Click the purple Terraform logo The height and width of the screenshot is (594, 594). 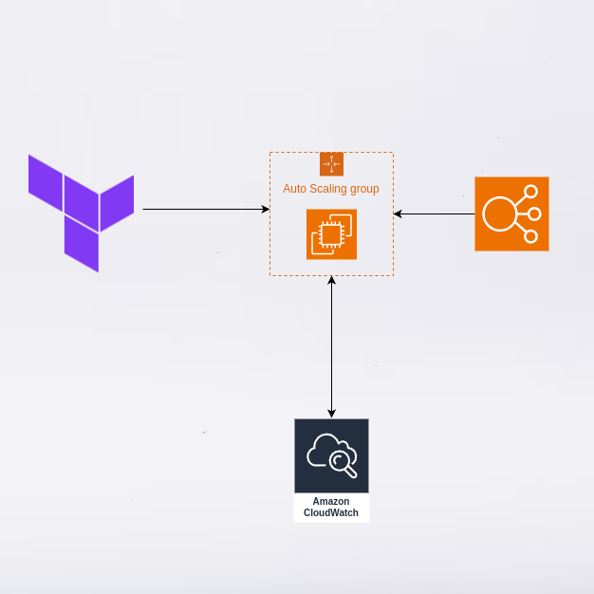[81, 212]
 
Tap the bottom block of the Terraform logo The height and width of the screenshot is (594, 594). [82, 244]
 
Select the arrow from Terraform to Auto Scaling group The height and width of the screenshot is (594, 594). [204, 209]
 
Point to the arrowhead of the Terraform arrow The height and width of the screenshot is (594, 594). [266, 209]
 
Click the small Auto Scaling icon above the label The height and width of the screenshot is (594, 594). [331, 163]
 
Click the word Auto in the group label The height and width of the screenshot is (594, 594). [295, 189]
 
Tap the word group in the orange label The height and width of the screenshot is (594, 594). [365, 189]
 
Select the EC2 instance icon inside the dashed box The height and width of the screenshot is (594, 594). [331, 233]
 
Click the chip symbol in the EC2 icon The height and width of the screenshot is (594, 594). [328, 236]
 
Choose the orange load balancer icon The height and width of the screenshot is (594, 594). [511, 213]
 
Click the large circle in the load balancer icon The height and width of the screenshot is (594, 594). [499, 213]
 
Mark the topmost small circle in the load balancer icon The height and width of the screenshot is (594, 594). [530, 192]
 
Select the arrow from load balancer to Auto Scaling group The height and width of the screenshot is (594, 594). [435, 213]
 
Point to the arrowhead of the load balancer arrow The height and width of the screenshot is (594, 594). [398, 213]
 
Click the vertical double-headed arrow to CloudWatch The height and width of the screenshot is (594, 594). [331, 346]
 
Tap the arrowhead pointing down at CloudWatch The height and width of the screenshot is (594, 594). [331, 414]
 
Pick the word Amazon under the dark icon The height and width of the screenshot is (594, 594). [331, 501]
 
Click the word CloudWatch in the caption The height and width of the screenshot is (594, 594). [331, 512]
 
